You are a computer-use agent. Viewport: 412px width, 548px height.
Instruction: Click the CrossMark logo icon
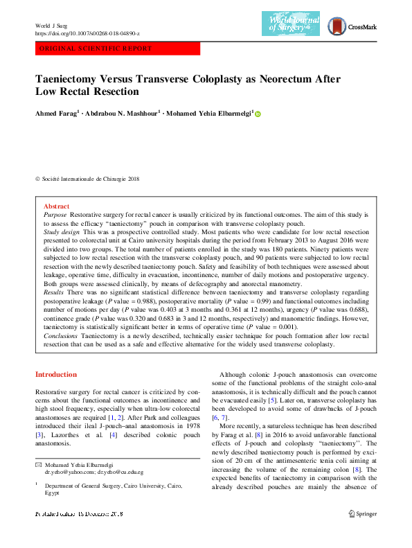click(x=336, y=26)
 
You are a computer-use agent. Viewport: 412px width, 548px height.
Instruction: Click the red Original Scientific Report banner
click(x=117, y=48)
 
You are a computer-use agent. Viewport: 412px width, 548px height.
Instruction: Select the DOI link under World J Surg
click(x=87, y=33)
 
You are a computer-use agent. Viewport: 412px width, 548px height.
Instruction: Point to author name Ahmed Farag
click(x=57, y=113)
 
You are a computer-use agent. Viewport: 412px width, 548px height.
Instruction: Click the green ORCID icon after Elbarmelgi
click(x=258, y=113)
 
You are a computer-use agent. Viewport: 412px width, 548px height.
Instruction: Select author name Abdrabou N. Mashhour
click(x=124, y=113)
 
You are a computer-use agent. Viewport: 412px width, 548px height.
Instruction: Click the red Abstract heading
click(x=56, y=206)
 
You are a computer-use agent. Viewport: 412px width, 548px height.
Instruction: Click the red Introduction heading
click(x=56, y=375)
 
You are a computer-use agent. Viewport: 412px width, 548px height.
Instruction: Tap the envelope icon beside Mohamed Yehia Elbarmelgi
click(x=39, y=464)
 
